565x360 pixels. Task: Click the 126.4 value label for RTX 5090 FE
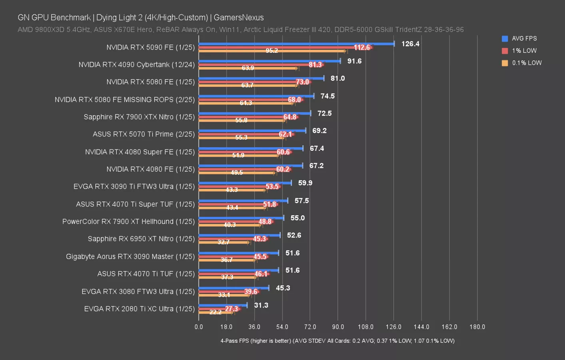click(410, 44)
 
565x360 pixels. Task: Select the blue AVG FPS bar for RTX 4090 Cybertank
click(269, 61)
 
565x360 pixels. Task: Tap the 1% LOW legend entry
click(524, 51)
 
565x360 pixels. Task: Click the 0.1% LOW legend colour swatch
click(505, 63)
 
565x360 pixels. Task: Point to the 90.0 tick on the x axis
click(338, 327)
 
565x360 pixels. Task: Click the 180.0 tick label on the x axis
click(477, 327)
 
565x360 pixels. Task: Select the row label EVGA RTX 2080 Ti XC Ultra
click(139, 309)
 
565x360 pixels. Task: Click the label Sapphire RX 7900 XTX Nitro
click(139, 117)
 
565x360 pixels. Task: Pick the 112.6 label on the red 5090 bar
click(362, 47)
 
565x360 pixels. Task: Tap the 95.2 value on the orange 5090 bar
click(272, 50)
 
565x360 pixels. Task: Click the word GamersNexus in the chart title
click(239, 18)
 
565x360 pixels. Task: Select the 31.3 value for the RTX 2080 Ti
click(261, 305)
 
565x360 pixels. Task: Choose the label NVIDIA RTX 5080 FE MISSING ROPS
click(125, 100)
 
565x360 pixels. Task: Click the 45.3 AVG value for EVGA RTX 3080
click(283, 288)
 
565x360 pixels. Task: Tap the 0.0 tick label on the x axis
click(199, 327)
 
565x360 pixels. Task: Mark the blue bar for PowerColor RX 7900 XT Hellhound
click(241, 218)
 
